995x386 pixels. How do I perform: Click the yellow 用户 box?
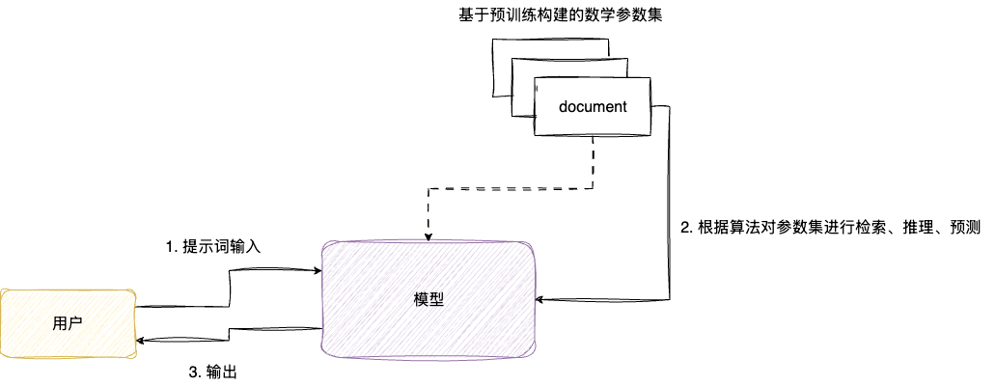click(68, 323)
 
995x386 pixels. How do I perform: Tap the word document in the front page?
click(593, 106)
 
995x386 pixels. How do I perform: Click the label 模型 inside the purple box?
click(428, 299)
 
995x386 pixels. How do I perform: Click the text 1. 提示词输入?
click(214, 247)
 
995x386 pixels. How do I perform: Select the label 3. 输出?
click(211, 372)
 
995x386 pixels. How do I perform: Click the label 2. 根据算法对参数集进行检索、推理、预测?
click(831, 229)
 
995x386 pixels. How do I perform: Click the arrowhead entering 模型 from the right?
click(541, 301)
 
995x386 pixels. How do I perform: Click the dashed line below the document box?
click(593, 164)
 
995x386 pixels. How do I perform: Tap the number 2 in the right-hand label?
click(685, 229)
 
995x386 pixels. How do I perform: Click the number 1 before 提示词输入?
click(170, 247)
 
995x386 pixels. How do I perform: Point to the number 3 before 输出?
click(191, 372)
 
